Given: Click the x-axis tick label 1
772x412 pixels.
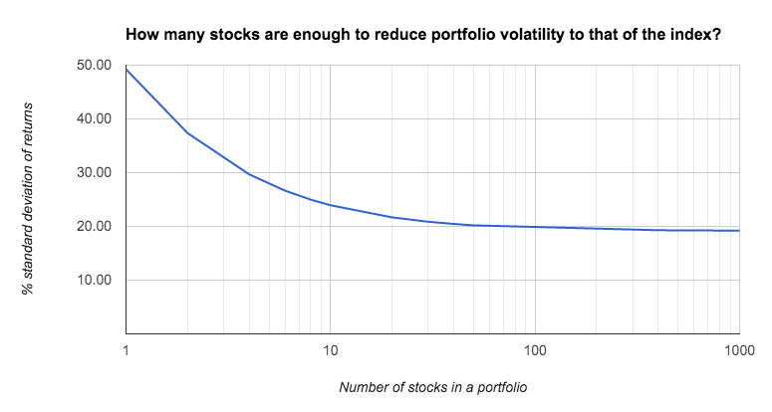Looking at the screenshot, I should tap(126, 350).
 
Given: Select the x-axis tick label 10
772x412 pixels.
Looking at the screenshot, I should tap(331, 350).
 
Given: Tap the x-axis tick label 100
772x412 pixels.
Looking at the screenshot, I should tap(535, 350).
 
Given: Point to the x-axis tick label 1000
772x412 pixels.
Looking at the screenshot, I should tap(737, 350).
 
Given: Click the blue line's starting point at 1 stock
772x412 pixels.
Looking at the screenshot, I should tap(127, 69).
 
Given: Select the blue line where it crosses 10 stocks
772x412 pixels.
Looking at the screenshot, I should tap(331, 205).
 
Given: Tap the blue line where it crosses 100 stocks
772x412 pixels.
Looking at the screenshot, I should tap(535, 227).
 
